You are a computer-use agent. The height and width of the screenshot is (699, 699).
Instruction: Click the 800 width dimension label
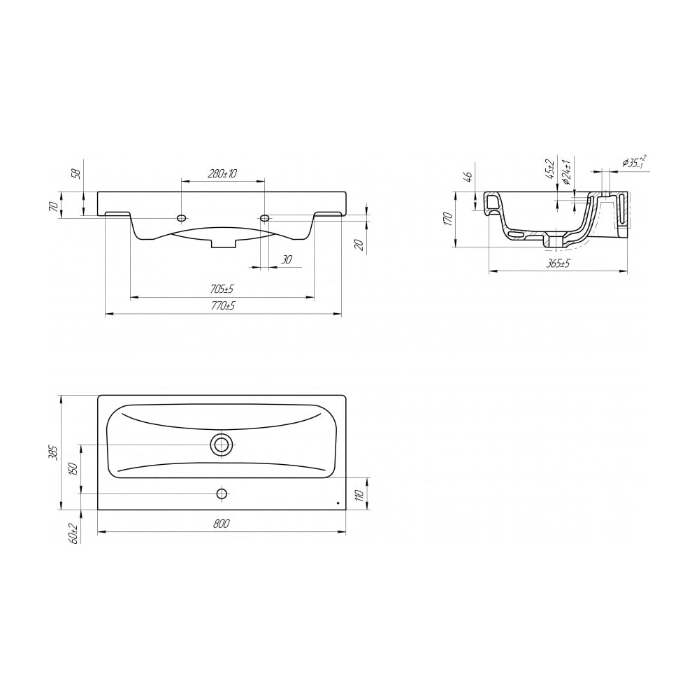click(x=221, y=524)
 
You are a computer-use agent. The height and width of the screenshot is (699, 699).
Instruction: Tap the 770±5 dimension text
click(x=223, y=306)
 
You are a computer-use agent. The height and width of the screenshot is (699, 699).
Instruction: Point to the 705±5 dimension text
click(x=222, y=289)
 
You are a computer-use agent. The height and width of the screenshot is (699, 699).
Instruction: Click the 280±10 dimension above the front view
click(x=222, y=173)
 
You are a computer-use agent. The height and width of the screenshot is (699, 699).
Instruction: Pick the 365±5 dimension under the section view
click(x=559, y=264)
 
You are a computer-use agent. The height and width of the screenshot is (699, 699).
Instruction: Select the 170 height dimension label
click(x=449, y=219)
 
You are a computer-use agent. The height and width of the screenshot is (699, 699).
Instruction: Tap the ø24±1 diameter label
click(x=566, y=172)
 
